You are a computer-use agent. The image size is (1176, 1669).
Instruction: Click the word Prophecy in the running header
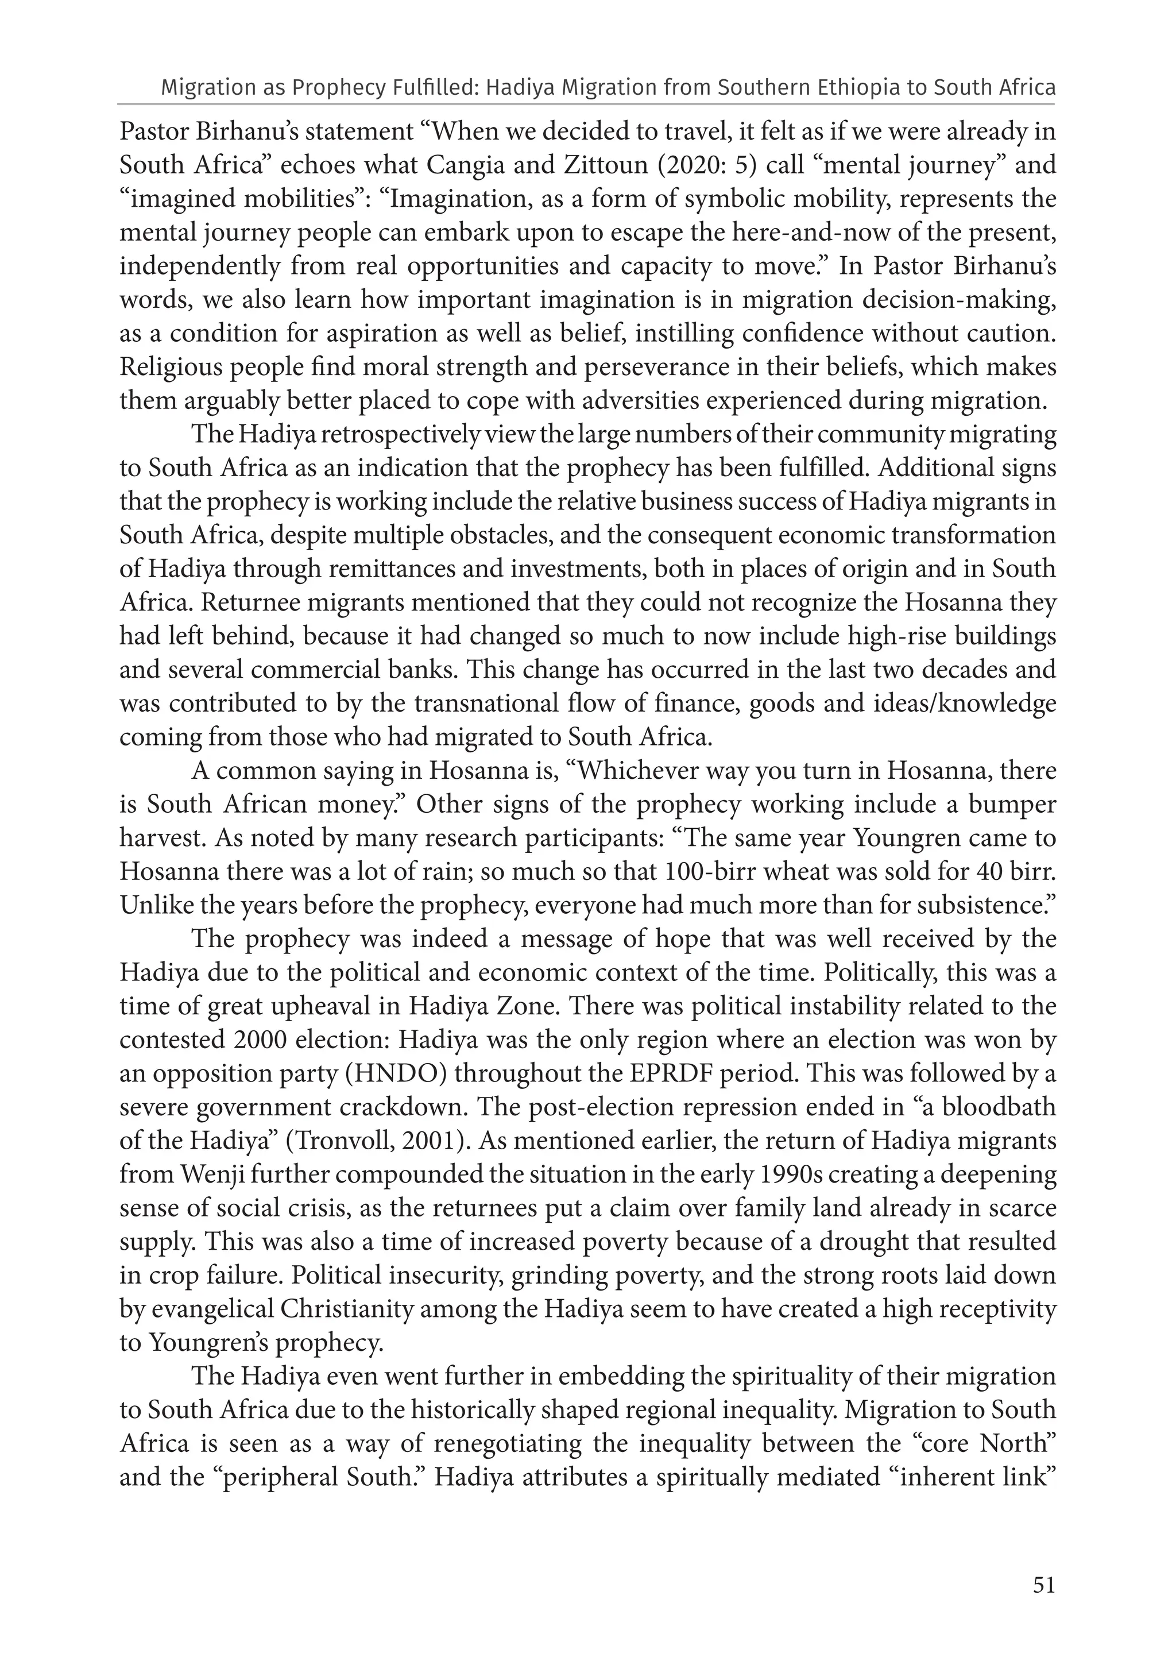coord(338,88)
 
